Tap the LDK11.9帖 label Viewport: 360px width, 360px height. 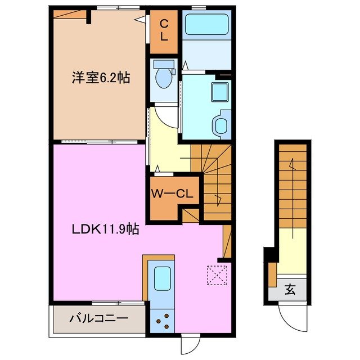point(105,229)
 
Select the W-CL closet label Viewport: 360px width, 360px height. point(172,194)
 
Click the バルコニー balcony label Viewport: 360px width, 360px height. point(98,319)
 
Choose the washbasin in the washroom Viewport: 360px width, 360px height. point(221,123)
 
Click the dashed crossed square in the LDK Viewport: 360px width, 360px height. point(215,274)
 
